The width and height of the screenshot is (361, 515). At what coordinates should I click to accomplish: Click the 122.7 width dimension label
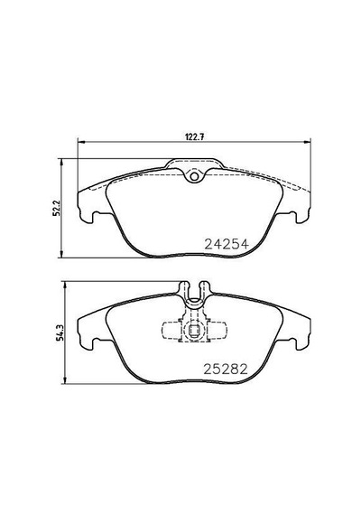tap(195, 137)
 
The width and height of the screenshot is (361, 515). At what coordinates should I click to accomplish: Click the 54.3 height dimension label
tap(60, 332)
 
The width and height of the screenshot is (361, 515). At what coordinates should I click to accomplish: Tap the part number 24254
tap(227, 244)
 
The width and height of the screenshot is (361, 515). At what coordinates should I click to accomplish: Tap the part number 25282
tap(226, 370)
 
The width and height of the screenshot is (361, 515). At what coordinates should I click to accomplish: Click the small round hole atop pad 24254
tap(195, 176)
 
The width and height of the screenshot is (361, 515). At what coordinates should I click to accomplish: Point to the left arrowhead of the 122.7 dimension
tap(80, 142)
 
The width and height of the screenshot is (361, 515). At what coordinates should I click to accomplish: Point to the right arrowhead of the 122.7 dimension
tap(307, 142)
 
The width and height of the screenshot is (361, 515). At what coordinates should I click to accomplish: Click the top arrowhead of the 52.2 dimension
tap(61, 163)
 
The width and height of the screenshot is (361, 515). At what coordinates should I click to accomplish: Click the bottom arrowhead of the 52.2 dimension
tap(61, 254)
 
